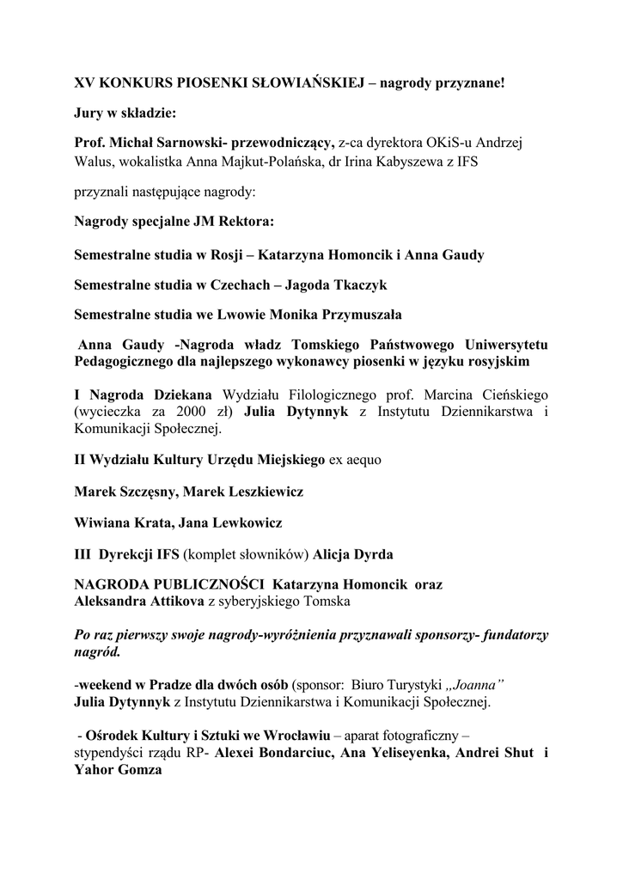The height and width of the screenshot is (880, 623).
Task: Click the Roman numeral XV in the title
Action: [x=84, y=84]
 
